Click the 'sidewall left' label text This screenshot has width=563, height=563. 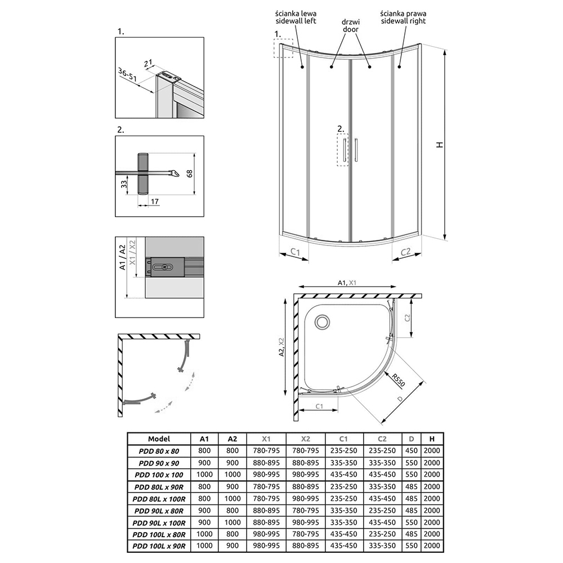point(296,21)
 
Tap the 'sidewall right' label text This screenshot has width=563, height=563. point(403,21)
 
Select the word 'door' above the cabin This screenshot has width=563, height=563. point(350,29)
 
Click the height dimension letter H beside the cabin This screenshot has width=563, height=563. point(440,145)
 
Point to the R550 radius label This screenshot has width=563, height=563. point(398,381)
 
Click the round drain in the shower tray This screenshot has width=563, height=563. point(322,321)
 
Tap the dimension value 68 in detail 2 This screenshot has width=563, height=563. point(190,173)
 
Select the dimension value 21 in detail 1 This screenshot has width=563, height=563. point(148,64)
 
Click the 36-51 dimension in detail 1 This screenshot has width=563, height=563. point(127,75)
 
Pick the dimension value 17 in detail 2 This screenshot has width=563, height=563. point(154,202)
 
